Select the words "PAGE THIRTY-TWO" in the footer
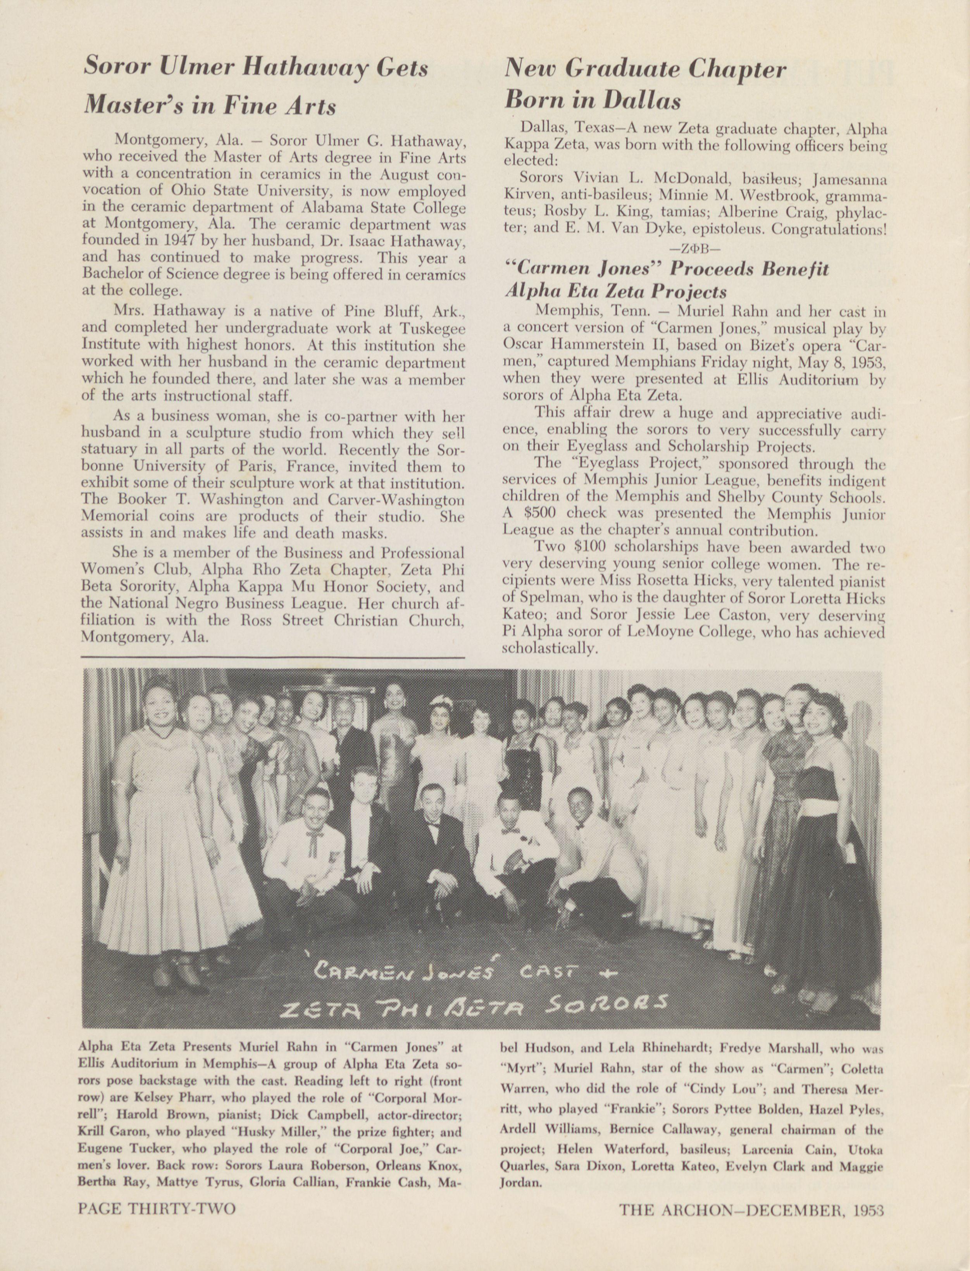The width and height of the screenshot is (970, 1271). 157,1224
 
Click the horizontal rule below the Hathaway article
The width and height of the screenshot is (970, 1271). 273,657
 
